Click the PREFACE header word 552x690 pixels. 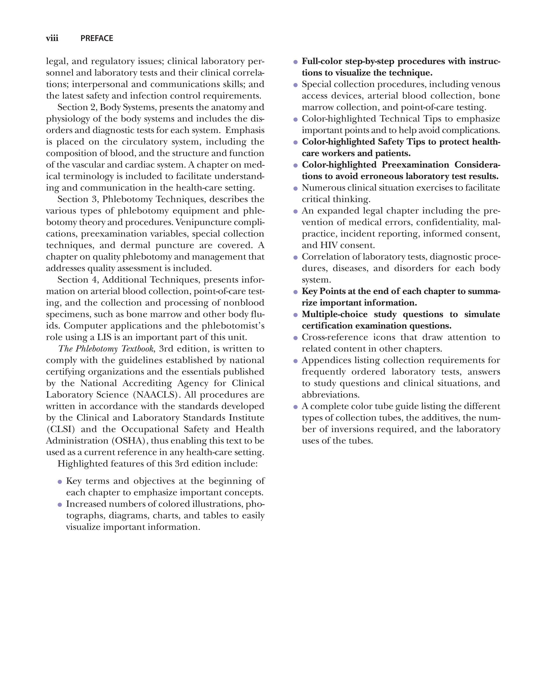tap(97, 38)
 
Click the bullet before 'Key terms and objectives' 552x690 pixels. tap(60, 482)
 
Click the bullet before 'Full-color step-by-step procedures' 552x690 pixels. tap(295, 62)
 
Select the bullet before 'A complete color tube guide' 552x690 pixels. tap(295, 407)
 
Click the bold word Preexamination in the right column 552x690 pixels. tap(416, 165)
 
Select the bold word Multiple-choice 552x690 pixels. tap(334, 314)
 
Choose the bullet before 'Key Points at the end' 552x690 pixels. tap(295, 292)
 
